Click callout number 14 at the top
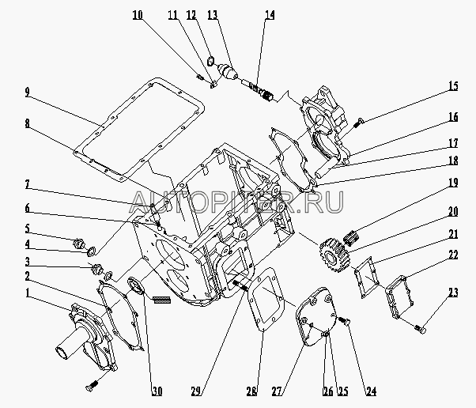(270, 15)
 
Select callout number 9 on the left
(28, 93)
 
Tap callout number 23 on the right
(452, 293)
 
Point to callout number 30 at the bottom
(157, 391)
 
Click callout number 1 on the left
(28, 293)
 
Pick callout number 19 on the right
(453, 183)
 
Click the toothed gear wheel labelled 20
(331, 255)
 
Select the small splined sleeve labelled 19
(352, 236)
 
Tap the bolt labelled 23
(421, 329)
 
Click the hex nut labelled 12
(210, 62)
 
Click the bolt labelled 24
(344, 320)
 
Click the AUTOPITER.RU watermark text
(236, 202)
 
